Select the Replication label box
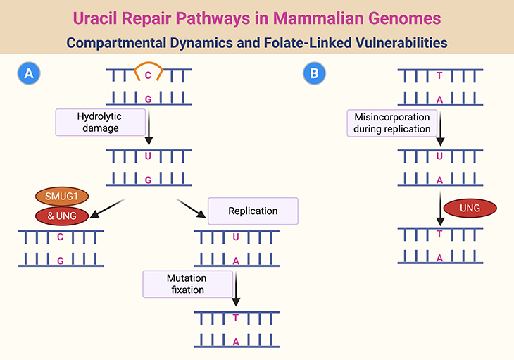pos(253,211)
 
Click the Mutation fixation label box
pos(186,283)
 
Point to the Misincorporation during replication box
pos(392,123)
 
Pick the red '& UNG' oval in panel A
pos(61,216)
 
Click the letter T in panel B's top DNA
pos(440,74)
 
